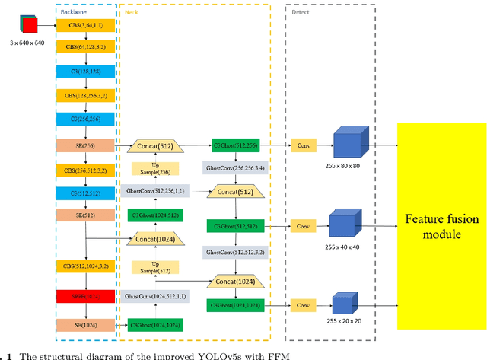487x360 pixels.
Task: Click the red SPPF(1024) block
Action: (85, 295)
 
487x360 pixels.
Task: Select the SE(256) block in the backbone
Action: (85, 144)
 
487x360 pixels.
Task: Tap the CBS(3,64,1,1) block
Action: (85, 26)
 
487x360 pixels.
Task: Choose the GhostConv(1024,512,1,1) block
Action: (154, 295)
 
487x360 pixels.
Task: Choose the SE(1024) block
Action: (85, 324)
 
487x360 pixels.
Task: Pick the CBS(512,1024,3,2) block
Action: (85, 266)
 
